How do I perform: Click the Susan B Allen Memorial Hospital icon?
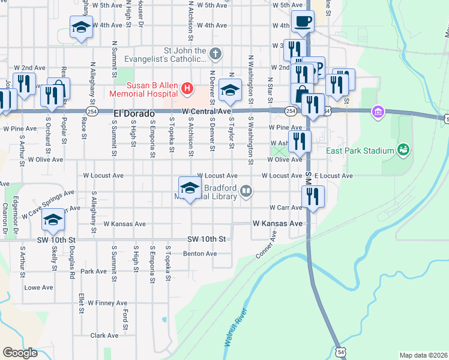click(187, 89)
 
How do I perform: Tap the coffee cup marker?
click(303, 23)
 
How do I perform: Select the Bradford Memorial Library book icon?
click(246, 191)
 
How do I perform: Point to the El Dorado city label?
click(134, 113)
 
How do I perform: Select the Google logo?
click(20, 353)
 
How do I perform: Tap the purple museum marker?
click(378, 112)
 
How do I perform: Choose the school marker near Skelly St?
click(53, 221)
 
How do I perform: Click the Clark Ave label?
click(104, 335)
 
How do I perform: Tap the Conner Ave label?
click(265, 244)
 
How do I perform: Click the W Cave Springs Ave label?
click(48, 204)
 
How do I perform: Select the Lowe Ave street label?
click(38, 287)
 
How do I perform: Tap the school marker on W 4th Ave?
click(81, 28)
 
